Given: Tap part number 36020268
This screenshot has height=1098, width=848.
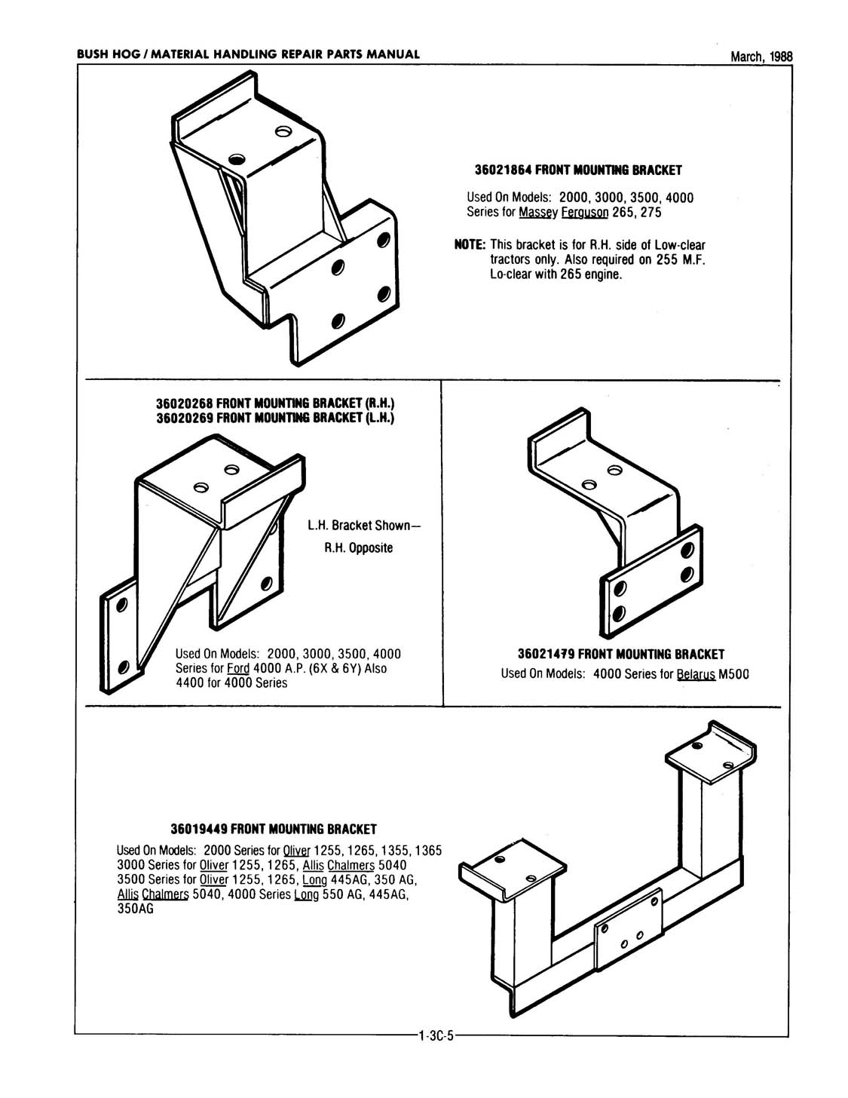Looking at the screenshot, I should coord(184,405).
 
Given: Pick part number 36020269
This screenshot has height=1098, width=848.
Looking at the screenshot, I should coord(184,417).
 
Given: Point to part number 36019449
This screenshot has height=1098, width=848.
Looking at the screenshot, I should coord(199,830).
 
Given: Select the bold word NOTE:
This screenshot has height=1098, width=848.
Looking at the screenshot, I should coord(469,246).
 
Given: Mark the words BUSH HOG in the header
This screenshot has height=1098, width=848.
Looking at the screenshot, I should coord(106,54).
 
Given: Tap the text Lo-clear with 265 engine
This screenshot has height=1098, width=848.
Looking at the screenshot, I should coord(556,274).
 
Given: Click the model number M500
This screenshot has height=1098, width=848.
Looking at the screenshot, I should coord(733,673).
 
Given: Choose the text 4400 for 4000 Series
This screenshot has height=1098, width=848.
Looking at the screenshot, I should coord(231,682).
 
